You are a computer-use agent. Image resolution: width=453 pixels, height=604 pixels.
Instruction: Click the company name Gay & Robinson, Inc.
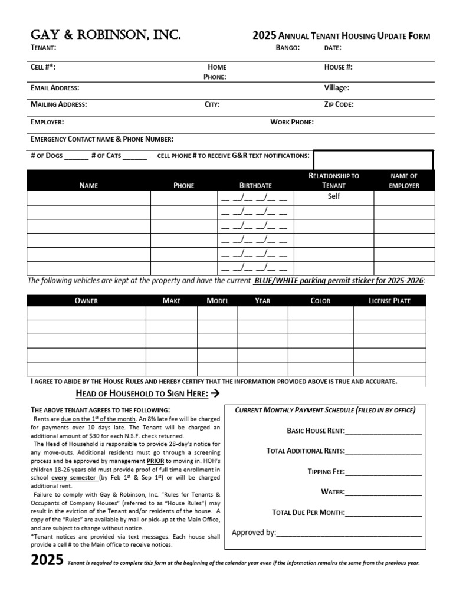[x=106, y=35]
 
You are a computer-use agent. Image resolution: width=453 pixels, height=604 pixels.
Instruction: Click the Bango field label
[x=288, y=48]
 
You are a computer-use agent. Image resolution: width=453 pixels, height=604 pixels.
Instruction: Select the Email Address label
[x=55, y=88]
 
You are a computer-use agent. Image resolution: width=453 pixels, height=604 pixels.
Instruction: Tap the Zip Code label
[x=339, y=104]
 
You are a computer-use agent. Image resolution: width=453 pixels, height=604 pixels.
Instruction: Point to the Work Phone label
[x=291, y=122]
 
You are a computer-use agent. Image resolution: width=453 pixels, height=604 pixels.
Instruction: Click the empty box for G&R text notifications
[x=373, y=159]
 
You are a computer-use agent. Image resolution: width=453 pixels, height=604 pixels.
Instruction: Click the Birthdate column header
[x=255, y=185]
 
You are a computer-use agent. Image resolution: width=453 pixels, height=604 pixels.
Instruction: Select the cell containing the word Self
[x=334, y=196]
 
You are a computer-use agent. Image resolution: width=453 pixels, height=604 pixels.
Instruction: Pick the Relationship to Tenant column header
[x=334, y=180]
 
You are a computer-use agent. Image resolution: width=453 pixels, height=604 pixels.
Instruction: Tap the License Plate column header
[x=389, y=301]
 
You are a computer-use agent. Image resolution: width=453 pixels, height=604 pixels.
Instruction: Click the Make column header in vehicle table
[x=171, y=301]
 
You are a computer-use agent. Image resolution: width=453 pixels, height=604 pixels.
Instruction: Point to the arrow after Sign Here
[x=215, y=393]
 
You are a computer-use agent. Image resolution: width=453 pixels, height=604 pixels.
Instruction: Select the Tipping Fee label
[x=326, y=472]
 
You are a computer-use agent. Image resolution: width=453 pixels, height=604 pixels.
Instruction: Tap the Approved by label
[x=254, y=533]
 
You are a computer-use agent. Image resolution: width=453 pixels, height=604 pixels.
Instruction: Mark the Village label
[x=336, y=88]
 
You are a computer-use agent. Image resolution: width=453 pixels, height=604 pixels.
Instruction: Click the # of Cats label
[x=106, y=156]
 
